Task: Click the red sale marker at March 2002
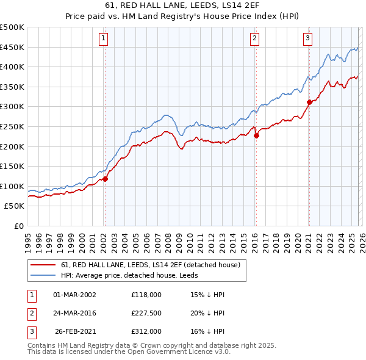pyautogui.click(x=105, y=179)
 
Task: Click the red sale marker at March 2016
pyautogui.click(x=256, y=136)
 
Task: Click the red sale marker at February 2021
pyautogui.click(x=309, y=102)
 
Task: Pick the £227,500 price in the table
pyautogui.click(x=146, y=313)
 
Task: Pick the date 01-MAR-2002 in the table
pyautogui.click(x=74, y=294)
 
